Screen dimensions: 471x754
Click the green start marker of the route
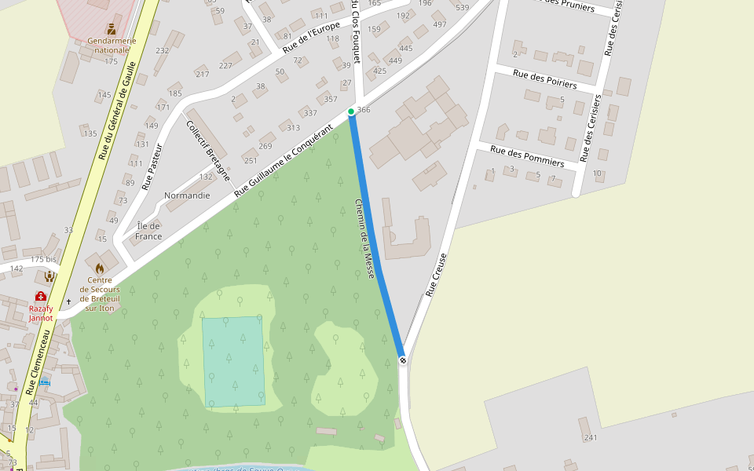tap(351, 111)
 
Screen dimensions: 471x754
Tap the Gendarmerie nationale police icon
tap(111, 28)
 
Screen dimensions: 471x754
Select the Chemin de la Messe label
tap(364, 239)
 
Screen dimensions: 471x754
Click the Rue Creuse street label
tap(437, 274)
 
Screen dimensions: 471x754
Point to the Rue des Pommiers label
tap(527, 155)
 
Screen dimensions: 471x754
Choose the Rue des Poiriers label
tap(545, 78)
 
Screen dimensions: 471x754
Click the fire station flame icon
tap(100, 268)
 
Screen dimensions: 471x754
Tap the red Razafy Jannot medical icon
tap(40, 296)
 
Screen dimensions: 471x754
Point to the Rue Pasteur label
tap(152, 166)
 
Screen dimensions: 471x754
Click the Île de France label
tap(148, 232)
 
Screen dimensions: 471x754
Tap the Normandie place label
tap(187, 195)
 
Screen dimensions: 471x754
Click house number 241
tap(591, 438)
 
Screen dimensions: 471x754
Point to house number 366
tap(363, 110)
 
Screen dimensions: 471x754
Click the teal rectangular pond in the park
tap(233, 361)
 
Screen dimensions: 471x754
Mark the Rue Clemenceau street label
tap(38, 362)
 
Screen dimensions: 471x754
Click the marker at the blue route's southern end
tap(403, 360)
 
